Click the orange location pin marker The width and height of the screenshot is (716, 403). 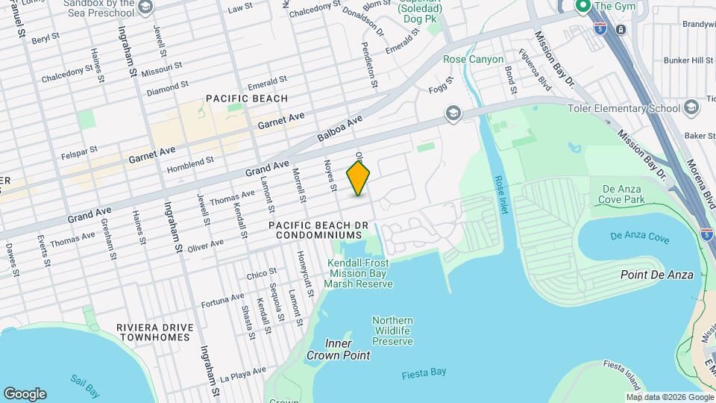(359, 178)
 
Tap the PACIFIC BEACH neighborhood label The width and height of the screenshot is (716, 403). (247, 99)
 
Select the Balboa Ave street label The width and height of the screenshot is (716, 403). (339, 129)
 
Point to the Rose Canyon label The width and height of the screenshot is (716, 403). (474, 59)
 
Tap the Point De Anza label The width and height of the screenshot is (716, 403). (656, 275)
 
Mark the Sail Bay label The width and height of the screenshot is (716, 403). (87, 378)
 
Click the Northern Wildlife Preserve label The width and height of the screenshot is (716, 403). (392, 331)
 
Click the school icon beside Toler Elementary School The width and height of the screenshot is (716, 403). (691, 108)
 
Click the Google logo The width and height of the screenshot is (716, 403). (25, 393)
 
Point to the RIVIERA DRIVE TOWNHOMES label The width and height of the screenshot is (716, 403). (155, 332)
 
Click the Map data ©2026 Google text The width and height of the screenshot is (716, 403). (670, 397)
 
